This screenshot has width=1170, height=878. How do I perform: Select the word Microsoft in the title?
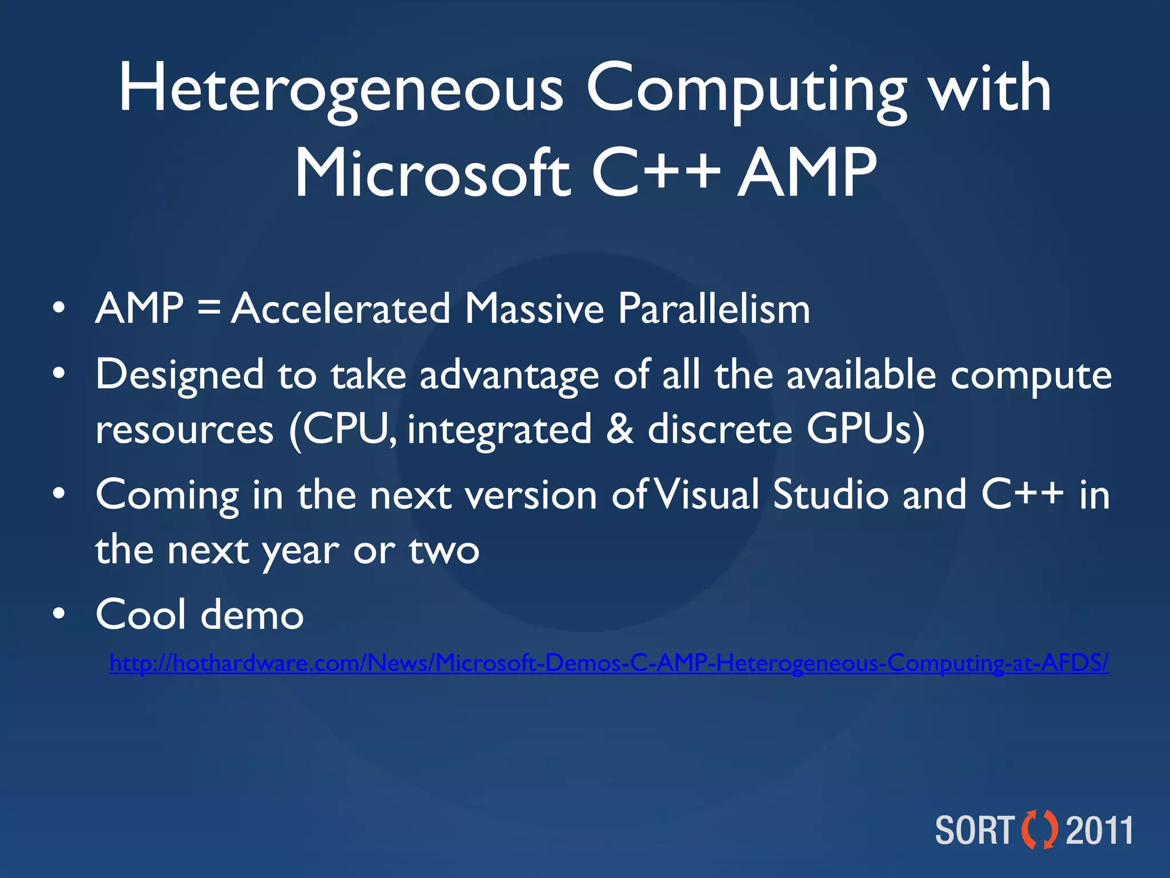point(432,173)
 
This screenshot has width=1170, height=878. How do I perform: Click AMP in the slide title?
point(807,173)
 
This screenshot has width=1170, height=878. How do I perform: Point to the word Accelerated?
point(341,309)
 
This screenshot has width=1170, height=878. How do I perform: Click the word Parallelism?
point(714,309)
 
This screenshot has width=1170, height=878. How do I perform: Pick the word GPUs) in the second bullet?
point(866,430)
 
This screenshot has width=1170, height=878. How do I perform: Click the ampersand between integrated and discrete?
point(620,430)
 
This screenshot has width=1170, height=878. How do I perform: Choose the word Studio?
point(831,495)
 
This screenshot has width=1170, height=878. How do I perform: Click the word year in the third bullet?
point(300,550)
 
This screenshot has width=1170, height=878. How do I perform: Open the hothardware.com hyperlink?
point(608,664)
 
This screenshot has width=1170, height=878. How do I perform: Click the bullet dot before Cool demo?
point(58,614)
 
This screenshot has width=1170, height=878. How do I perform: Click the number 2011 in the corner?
point(1100,831)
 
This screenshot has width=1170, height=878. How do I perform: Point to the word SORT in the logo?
point(974,831)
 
